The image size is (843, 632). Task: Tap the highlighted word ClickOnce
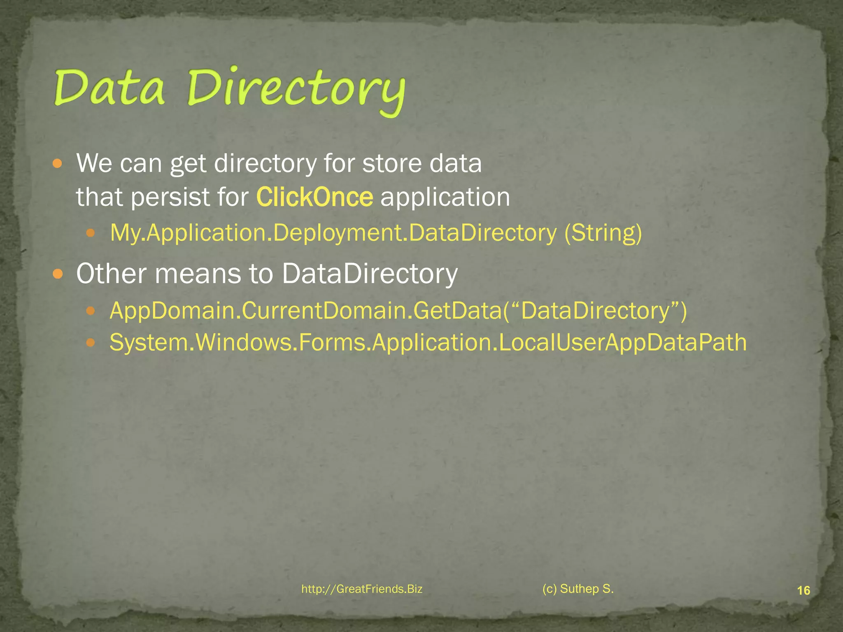314,197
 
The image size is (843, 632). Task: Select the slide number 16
803,591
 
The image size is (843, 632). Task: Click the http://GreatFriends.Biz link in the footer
362,589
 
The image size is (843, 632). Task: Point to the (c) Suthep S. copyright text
578,589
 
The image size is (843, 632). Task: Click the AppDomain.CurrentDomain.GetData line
398,311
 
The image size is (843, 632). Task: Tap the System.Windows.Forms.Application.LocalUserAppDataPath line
428,342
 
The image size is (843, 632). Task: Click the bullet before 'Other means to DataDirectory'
58,274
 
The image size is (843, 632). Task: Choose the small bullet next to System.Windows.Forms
91,342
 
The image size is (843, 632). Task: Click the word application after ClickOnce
445,197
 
